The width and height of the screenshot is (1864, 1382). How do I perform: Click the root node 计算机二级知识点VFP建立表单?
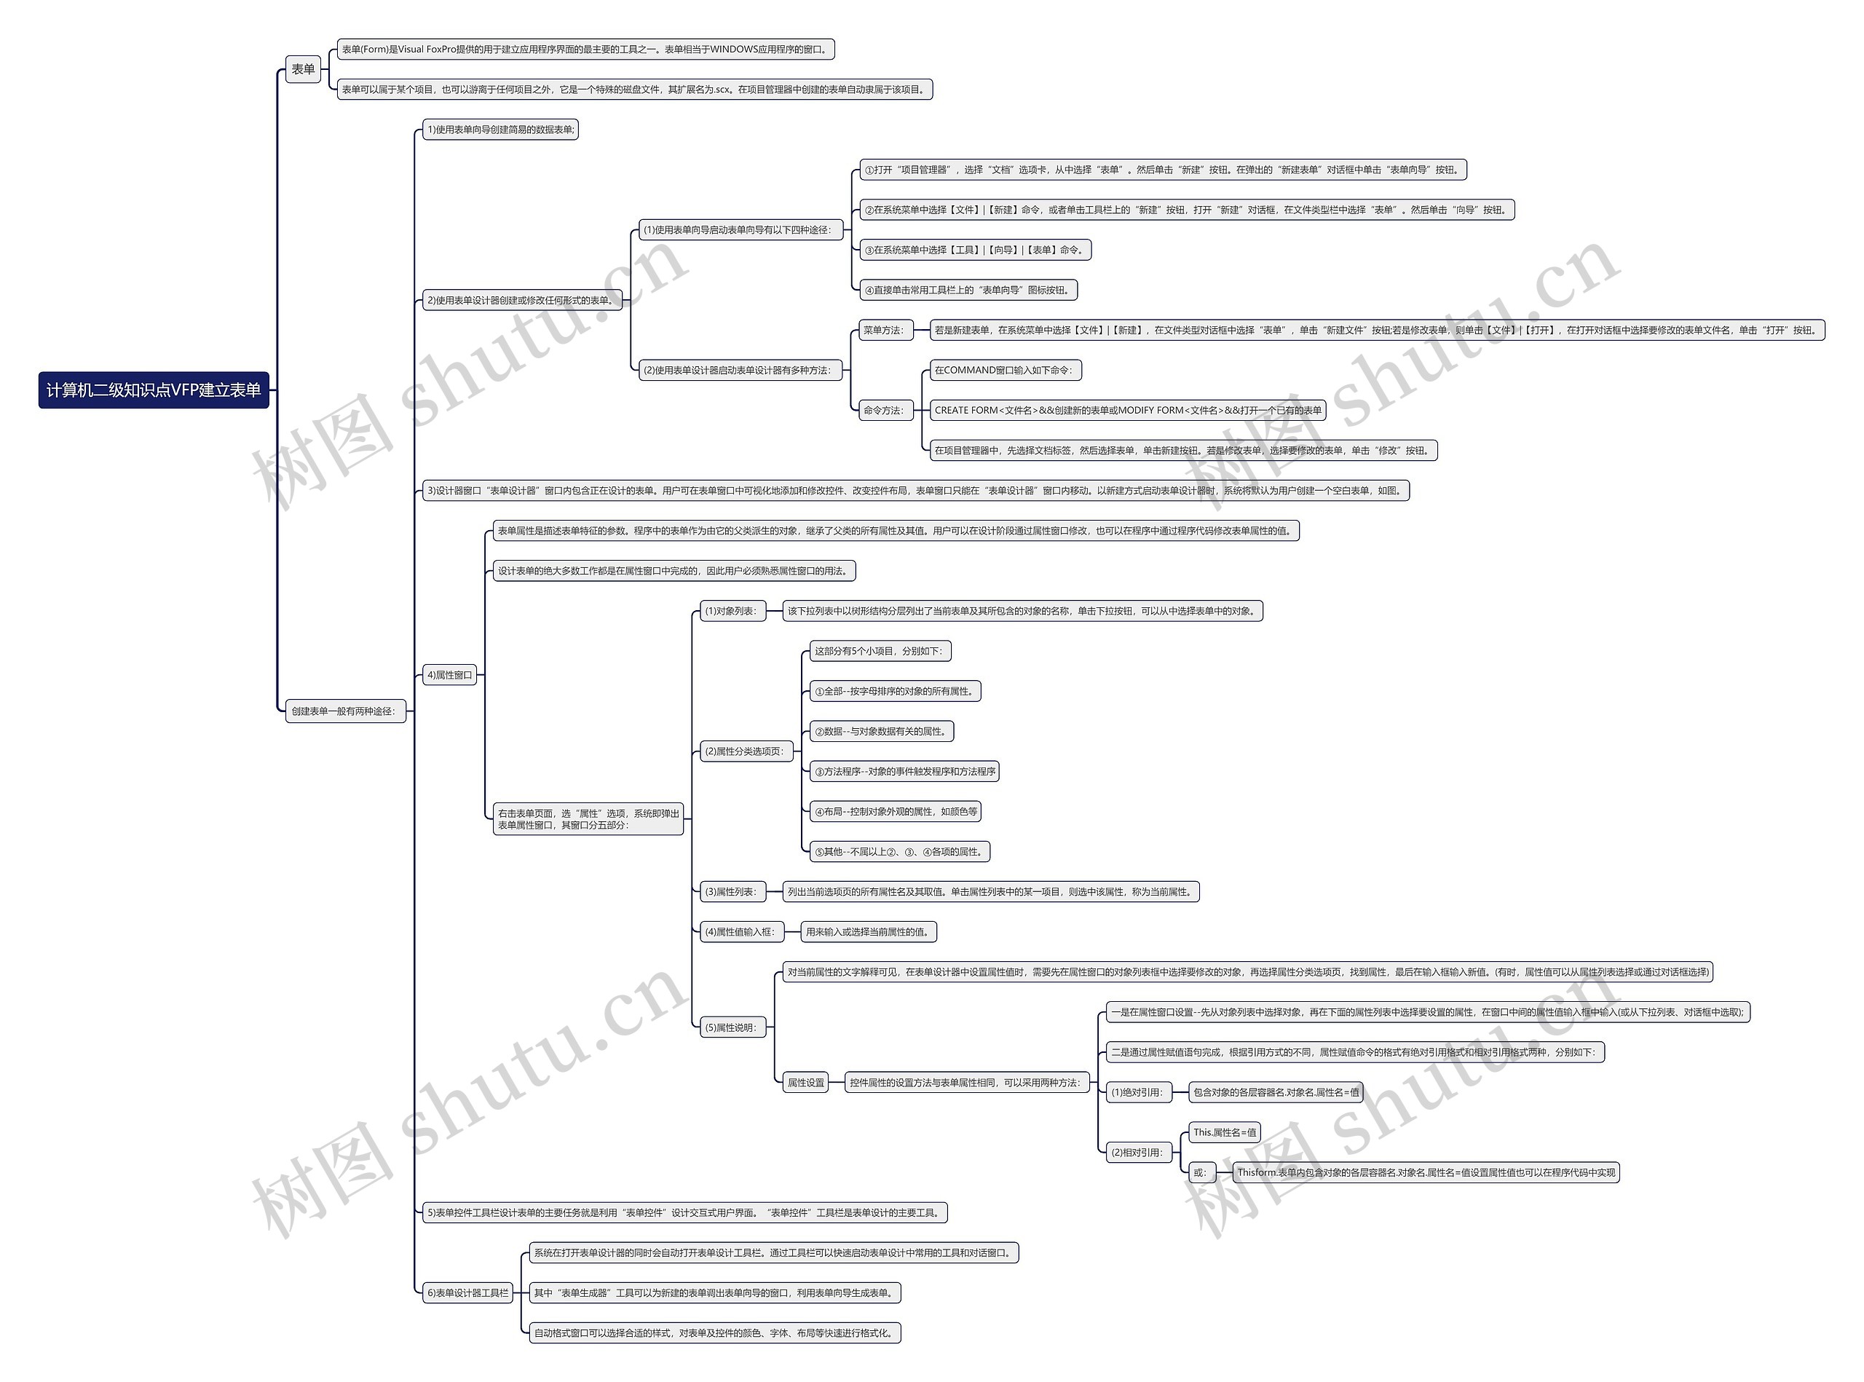pyautogui.click(x=154, y=390)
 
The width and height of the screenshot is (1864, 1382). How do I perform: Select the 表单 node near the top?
pyautogui.click(x=303, y=69)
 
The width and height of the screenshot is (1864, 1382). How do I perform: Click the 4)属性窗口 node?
pyautogui.click(x=449, y=675)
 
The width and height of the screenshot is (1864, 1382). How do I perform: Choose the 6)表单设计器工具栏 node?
pyautogui.click(x=467, y=1292)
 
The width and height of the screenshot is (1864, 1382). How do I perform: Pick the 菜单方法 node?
pyautogui.click(x=883, y=331)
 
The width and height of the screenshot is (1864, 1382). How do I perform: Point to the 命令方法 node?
pyautogui.click(x=883, y=411)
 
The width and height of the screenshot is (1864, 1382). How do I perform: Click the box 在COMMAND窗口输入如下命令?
pyautogui.click(x=1005, y=371)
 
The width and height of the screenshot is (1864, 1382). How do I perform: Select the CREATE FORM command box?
pyautogui.click(x=1127, y=411)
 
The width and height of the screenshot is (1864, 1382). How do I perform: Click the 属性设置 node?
pyautogui.click(x=805, y=1083)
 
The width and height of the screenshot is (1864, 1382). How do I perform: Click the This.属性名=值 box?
pyautogui.click(x=1224, y=1133)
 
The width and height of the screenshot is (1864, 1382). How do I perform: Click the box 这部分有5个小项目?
pyautogui.click(x=880, y=651)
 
